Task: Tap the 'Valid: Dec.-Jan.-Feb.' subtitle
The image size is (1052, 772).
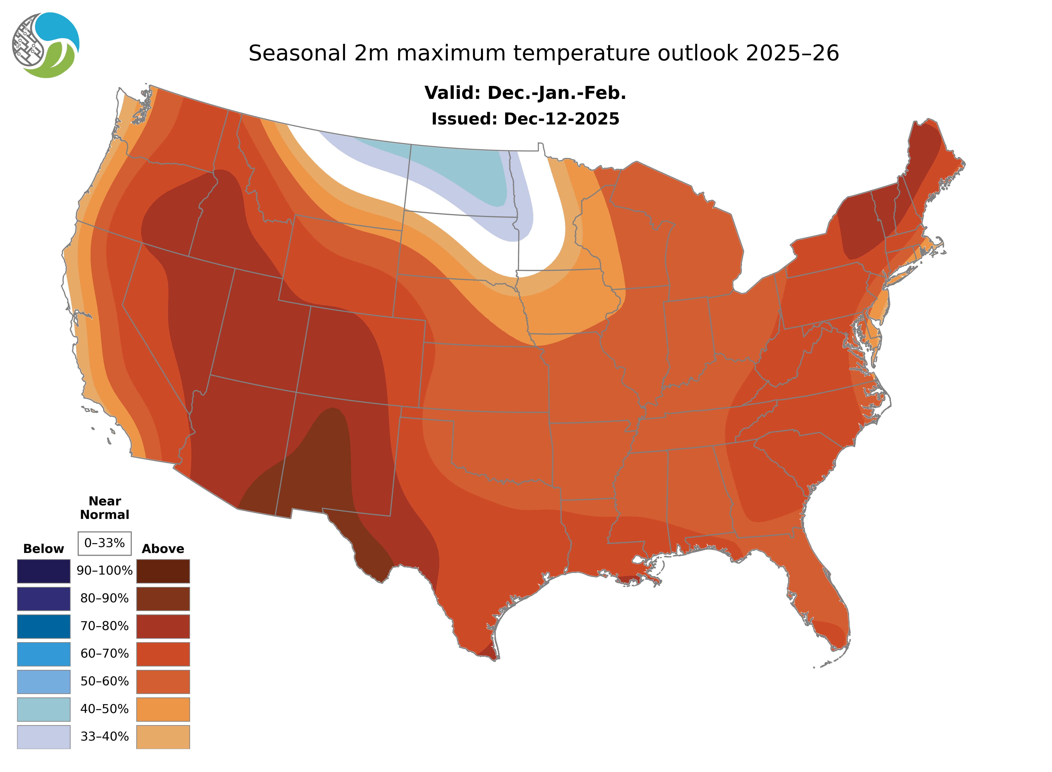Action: tap(525, 93)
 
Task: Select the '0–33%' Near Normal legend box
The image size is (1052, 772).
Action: tap(105, 543)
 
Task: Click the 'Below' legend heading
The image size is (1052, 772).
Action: tap(43, 549)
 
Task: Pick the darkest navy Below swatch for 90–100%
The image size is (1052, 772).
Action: tap(43, 571)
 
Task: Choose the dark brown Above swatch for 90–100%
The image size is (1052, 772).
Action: tap(163, 571)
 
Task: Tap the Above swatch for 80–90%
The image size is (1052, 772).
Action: tap(163, 599)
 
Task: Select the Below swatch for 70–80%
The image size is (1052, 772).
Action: tap(43, 626)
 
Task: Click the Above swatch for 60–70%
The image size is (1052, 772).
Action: tap(163, 654)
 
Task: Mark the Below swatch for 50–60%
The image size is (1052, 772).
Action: tap(43, 681)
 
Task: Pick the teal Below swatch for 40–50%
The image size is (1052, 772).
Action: tap(43, 709)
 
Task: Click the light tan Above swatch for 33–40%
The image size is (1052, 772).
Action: tap(163, 736)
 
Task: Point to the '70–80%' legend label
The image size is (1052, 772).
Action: tap(105, 626)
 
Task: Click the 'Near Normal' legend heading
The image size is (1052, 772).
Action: tap(105, 508)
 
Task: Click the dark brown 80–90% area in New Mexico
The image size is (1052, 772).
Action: tap(322, 463)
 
